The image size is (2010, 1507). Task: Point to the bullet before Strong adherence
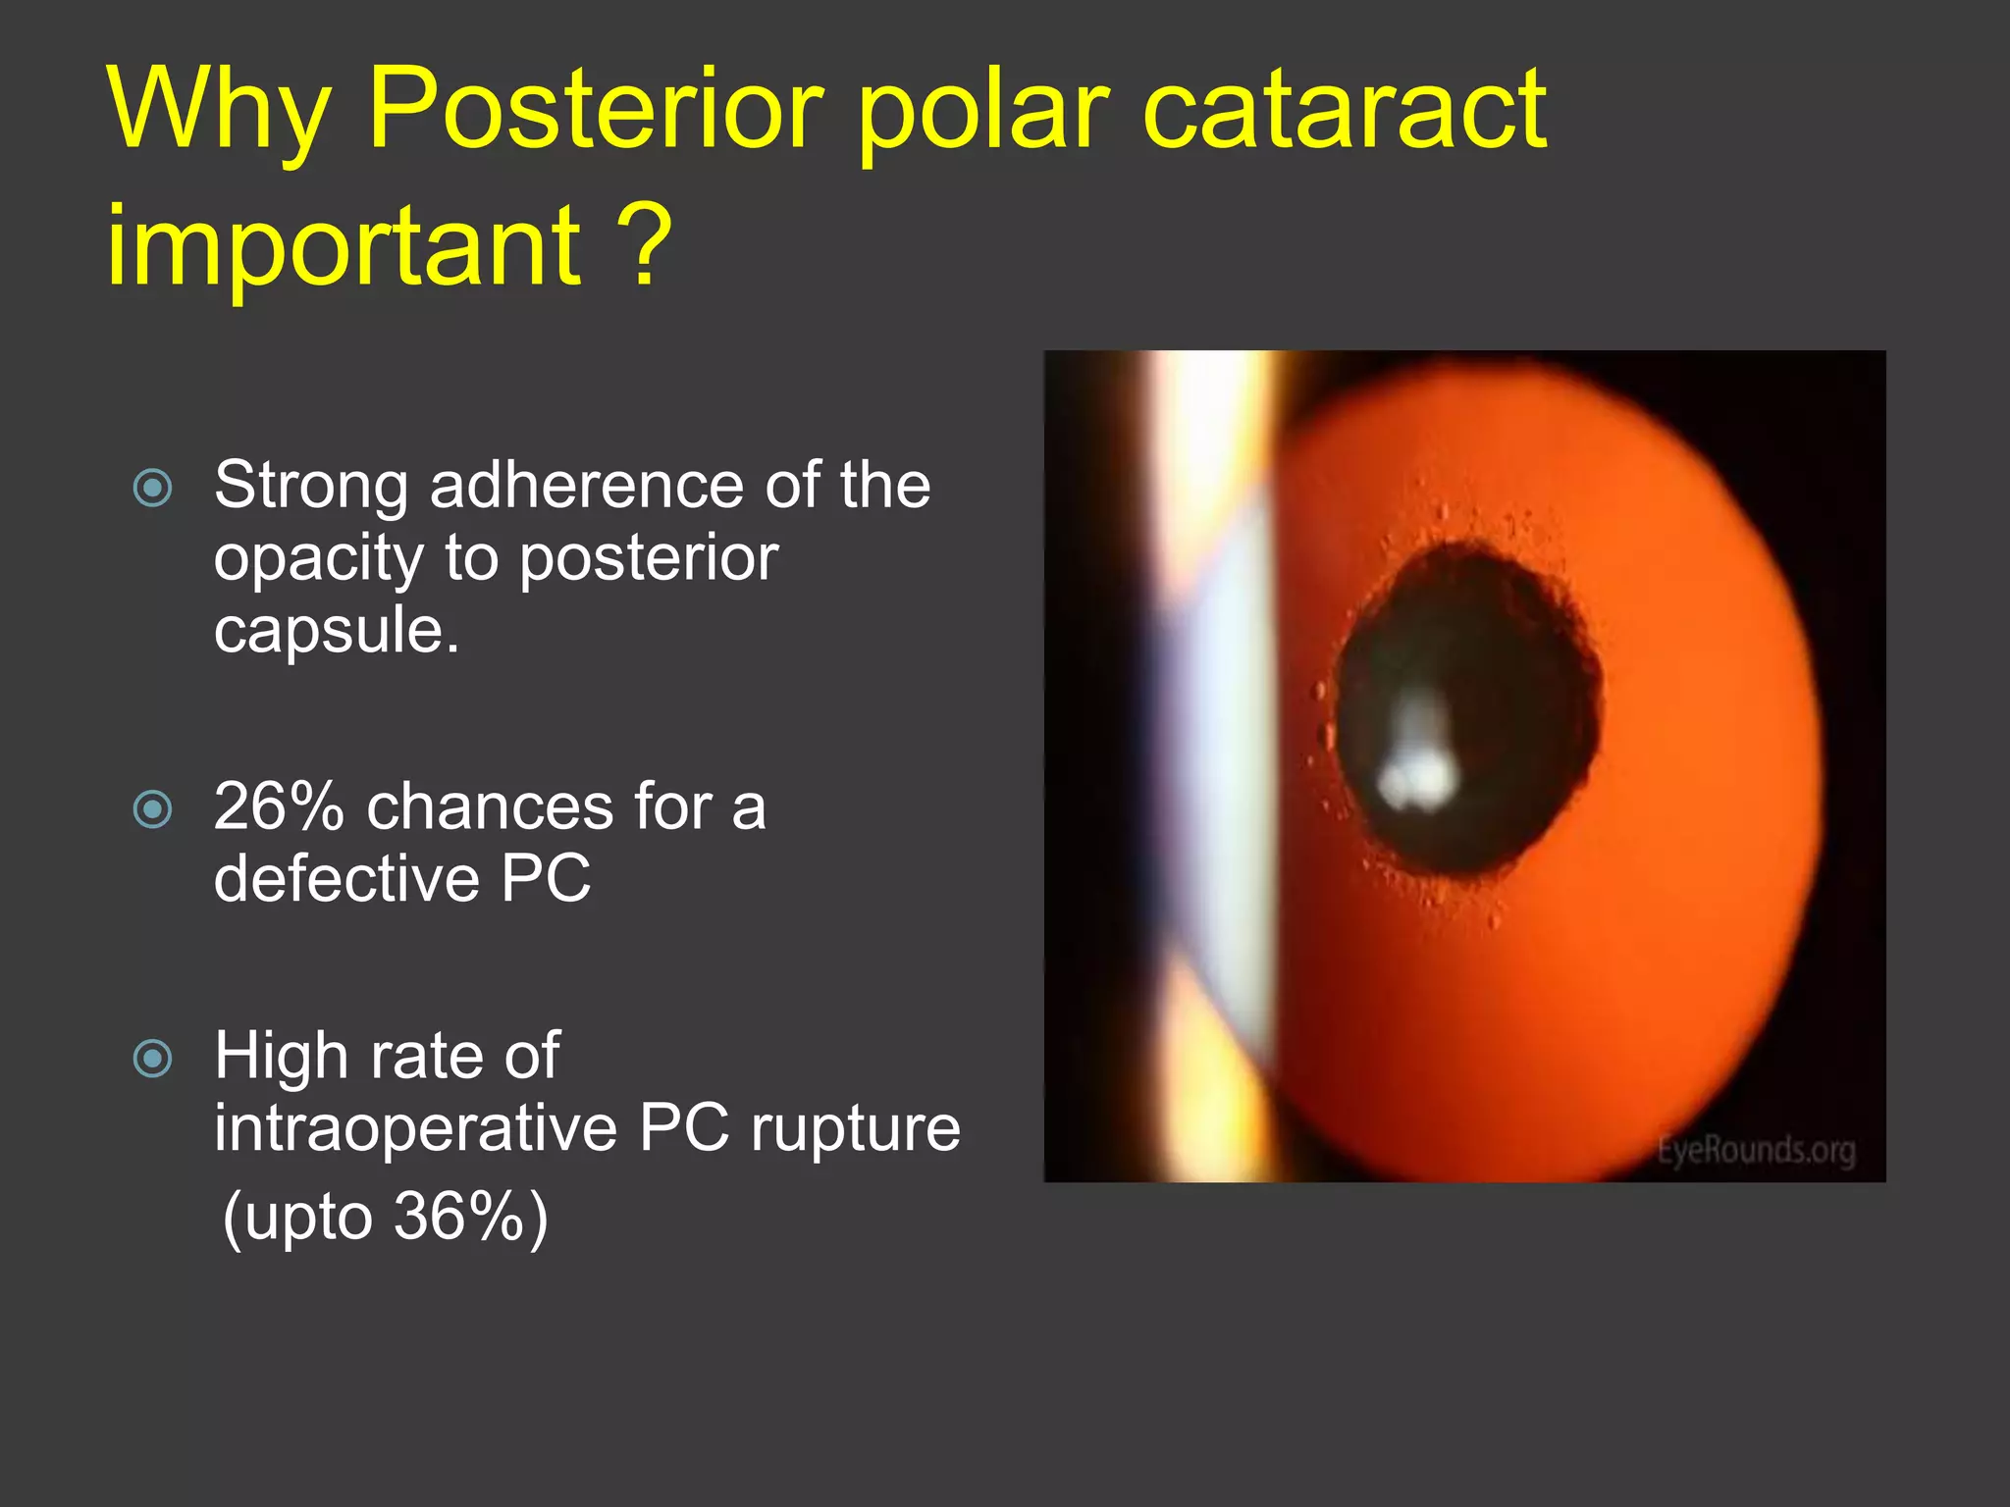click(153, 488)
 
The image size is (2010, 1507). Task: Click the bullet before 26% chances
click(153, 809)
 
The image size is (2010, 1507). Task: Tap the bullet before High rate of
click(153, 1059)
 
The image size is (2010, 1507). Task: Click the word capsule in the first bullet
click(336, 630)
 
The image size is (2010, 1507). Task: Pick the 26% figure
click(279, 806)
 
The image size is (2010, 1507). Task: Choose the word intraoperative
click(415, 1128)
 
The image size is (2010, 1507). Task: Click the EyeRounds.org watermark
click(1756, 1150)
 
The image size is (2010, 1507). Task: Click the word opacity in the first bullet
click(318, 559)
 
